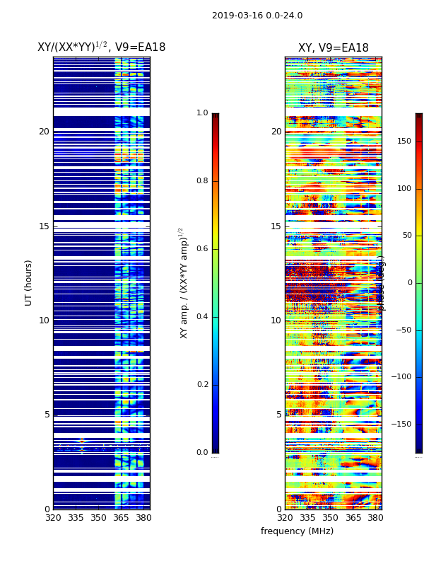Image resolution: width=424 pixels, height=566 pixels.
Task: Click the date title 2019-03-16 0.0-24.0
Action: (257, 16)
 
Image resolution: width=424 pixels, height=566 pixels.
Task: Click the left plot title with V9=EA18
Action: (101, 47)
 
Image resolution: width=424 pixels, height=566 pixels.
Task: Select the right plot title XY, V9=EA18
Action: (333, 48)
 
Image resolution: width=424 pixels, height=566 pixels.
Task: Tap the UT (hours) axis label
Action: (29, 282)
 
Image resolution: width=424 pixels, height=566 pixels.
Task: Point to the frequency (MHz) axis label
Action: (297, 531)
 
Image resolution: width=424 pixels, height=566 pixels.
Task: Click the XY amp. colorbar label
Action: (184, 282)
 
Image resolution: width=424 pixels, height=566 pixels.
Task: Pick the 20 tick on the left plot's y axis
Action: (44, 132)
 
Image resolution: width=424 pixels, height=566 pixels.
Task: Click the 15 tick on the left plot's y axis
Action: (44, 226)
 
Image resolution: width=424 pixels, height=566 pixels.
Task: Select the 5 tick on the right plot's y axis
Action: (279, 415)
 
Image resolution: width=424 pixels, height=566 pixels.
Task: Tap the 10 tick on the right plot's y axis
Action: (276, 320)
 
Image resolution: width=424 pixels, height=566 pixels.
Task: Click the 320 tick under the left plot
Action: (53, 518)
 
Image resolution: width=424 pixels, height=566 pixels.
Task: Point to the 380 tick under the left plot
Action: (143, 518)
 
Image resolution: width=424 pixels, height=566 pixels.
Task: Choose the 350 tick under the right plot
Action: (330, 518)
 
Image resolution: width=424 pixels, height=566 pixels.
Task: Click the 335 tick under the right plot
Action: (307, 518)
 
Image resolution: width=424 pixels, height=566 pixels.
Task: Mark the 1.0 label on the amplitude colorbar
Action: (202, 113)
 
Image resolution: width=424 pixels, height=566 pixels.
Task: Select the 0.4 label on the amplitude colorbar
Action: (202, 317)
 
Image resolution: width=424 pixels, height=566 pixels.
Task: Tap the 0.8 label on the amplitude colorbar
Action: (202, 181)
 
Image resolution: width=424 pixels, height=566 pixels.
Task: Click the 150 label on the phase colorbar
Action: (404, 141)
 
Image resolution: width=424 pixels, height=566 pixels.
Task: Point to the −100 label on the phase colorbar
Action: (401, 377)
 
